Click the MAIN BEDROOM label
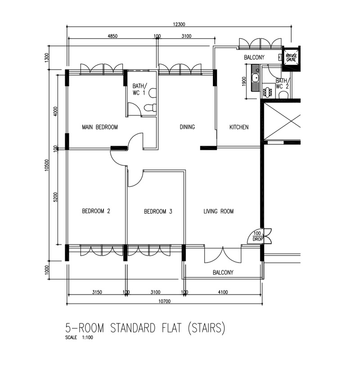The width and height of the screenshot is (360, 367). click(x=100, y=127)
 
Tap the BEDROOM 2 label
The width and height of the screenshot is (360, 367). click(x=96, y=211)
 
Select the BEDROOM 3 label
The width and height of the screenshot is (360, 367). click(x=158, y=211)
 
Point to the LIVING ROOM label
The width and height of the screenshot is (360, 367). click(x=219, y=211)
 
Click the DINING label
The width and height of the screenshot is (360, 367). click(x=187, y=127)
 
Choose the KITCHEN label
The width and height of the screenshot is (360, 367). click(x=239, y=127)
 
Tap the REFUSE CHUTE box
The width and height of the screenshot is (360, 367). click(x=291, y=57)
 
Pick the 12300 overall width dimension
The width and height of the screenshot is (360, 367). click(x=179, y=24)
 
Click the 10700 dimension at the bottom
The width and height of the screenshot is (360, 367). click(x=164, y=301)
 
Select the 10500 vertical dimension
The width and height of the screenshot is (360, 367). click(x=47, y=165)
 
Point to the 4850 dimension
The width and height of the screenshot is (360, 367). click(x=112, y=36)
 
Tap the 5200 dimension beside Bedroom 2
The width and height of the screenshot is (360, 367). click(x=55, y=197)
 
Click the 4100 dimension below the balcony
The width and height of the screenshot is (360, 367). click(x=223, y=292)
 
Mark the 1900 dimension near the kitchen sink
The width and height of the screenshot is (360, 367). click(x=244, y=81)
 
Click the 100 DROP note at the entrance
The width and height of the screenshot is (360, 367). click(x=257, y=236)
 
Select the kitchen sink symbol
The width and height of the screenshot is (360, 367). click(x=255, y=78)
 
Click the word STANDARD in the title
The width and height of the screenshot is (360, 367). click(x=133, y=328)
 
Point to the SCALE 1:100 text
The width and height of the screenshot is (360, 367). click(x=79, y=337)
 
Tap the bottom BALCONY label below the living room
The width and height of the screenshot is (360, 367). click(x=223, y=273)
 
